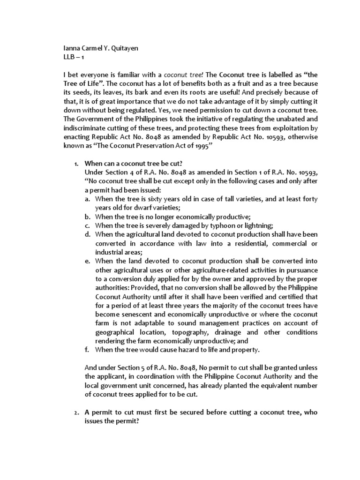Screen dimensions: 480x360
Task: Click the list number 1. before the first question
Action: pyautogui.click(x=76, y=165)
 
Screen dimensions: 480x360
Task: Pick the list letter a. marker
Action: pyautogui.click(x=87, y=199)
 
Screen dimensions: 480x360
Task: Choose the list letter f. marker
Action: pyautogui.click(x=87, y=349)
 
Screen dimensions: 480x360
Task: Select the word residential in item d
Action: pyautogui.click(x=233, y=244)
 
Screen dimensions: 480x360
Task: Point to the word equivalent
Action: pyautogui.click(x=278, y=386)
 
